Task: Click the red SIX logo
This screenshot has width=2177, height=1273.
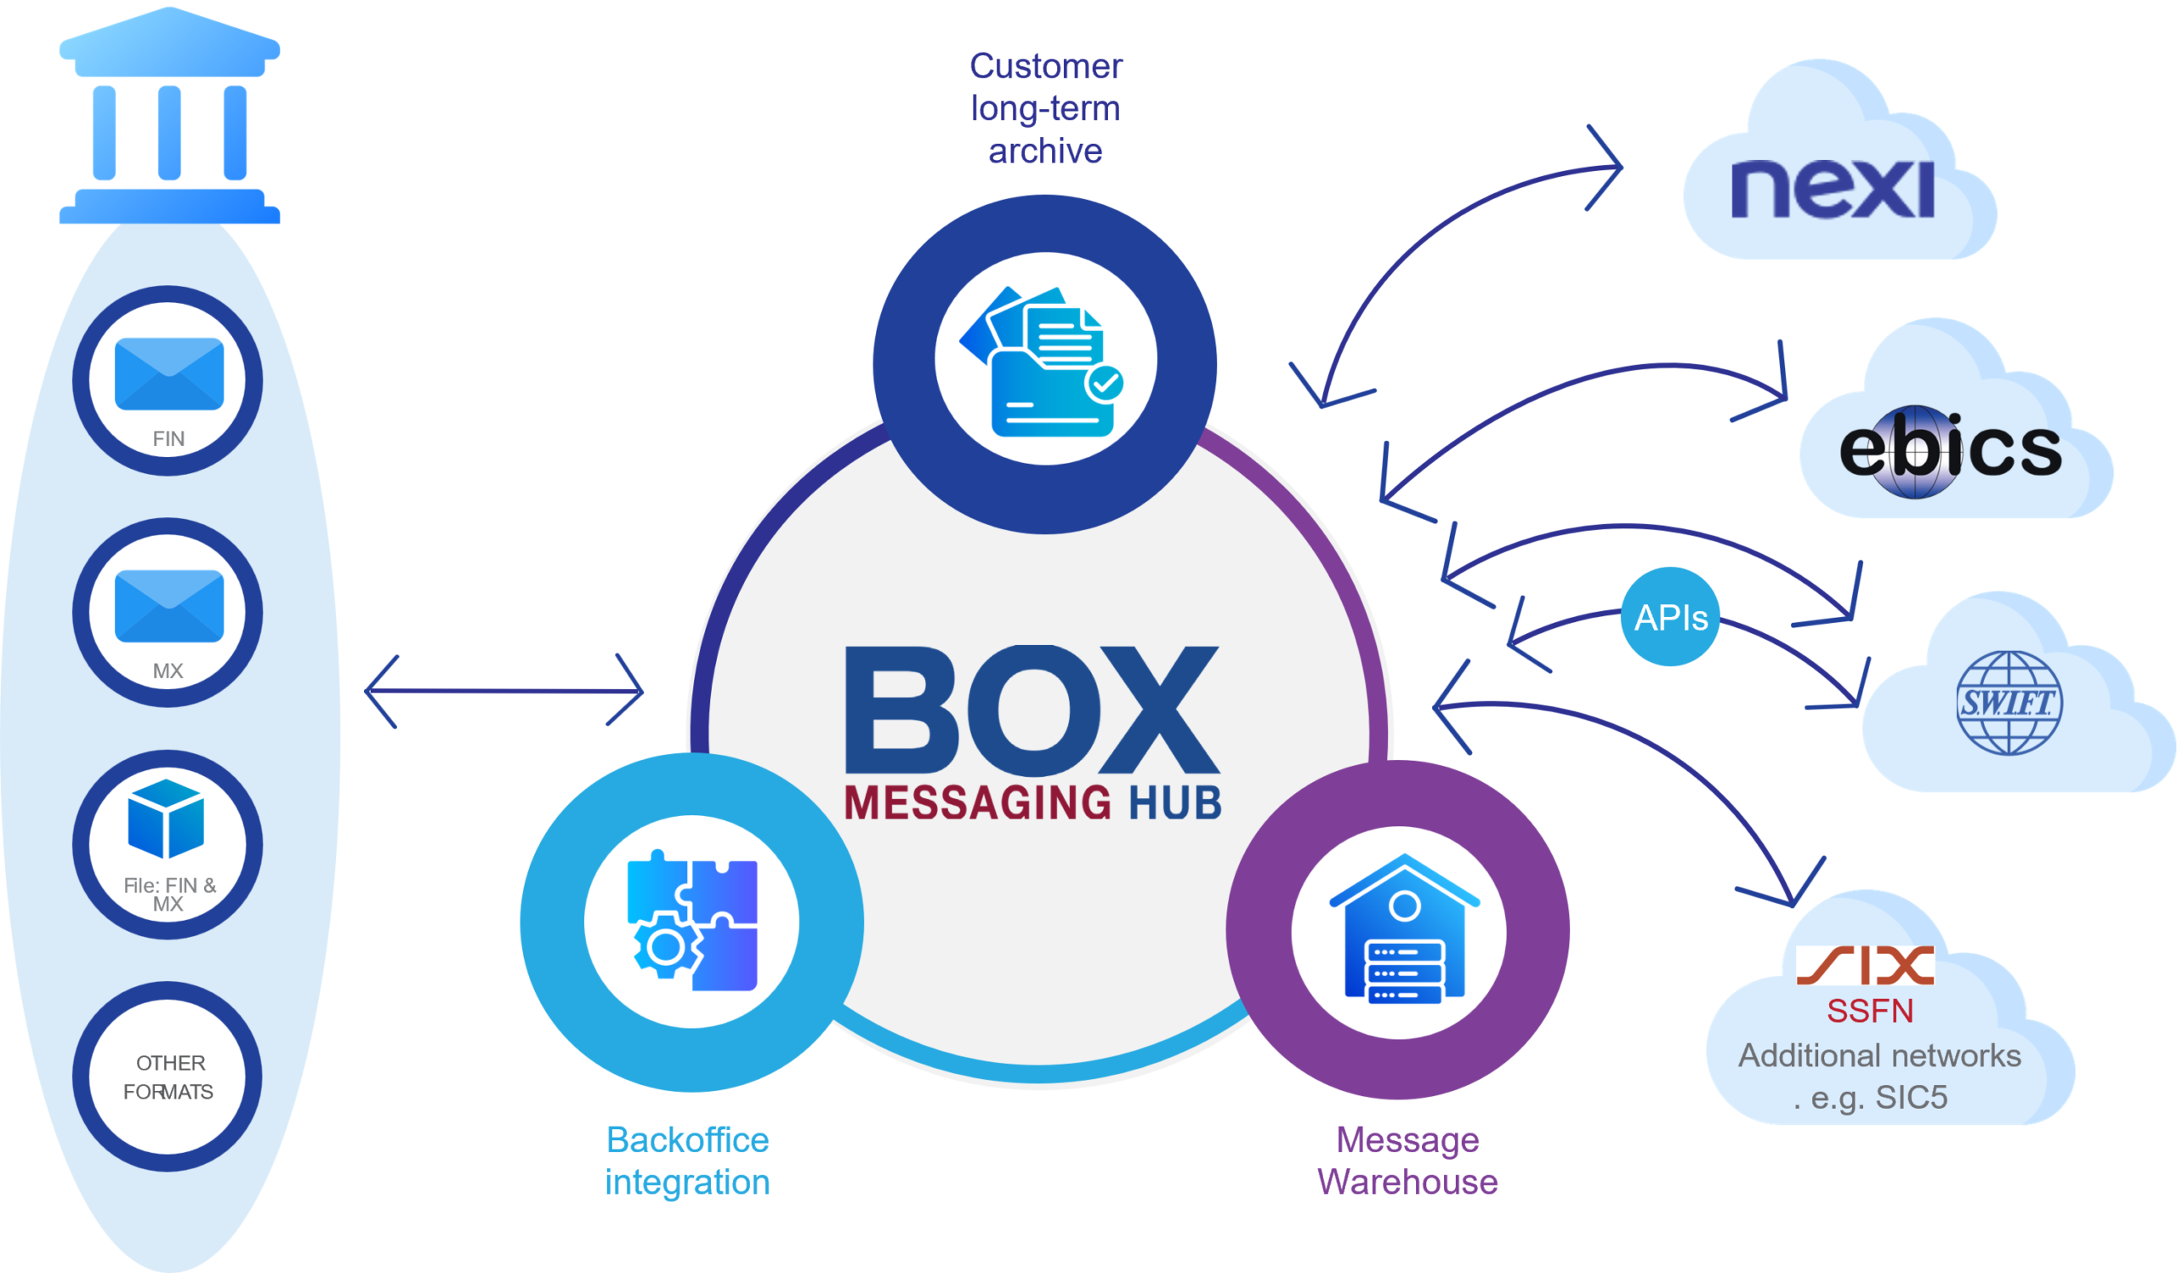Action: click(x=1865, y=965)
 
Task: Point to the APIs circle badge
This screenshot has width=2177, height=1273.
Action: click(x=1671, y=617)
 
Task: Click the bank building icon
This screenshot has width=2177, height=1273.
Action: click(x=169, y=117)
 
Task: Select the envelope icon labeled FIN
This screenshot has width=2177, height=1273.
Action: click(x=169, y=374)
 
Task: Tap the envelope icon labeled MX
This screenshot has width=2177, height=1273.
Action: click(x=169, y=606)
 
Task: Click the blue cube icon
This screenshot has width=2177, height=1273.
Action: click(x=166, y=819)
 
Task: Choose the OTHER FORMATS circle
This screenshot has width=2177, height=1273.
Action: click(x=168, y=1076)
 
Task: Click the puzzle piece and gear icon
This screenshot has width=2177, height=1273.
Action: click(x=692, y=922)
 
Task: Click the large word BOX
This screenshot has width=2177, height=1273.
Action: click(x=1032, y=711)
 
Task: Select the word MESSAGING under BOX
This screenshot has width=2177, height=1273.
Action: click(x=977, y=803)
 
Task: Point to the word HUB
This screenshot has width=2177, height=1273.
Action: click(x=1175, y=803)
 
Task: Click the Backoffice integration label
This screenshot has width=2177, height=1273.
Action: click(x=688, y=1161)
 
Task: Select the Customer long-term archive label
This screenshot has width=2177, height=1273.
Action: click(x=1045, y=109)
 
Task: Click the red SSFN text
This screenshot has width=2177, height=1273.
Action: click(x=1870, y=1011)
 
